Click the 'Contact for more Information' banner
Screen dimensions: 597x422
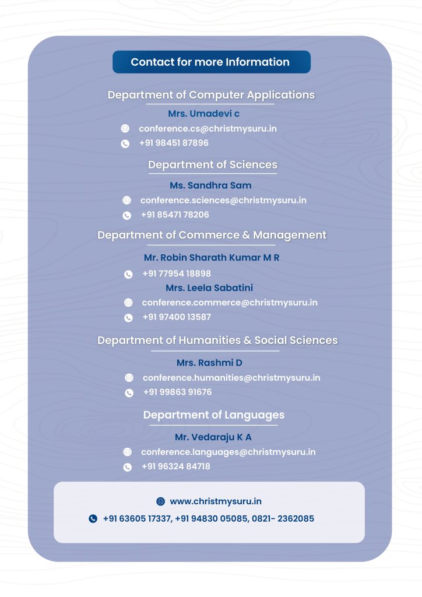pos(210,62)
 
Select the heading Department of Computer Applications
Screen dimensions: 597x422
pos(211,95)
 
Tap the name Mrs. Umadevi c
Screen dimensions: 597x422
pos(203,114)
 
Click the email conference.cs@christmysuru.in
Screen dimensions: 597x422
pos(208,128)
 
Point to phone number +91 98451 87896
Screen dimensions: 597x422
pos(174,143)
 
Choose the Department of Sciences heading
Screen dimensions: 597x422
pos(212,165)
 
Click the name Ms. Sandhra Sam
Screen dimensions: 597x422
pos(210,185)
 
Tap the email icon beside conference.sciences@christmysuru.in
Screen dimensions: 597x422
pos(126,200)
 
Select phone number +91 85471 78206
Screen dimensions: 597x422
pos(175,215)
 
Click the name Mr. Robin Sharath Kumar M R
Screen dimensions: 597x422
pos(212,257)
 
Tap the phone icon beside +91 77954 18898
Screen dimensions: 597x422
pos(128,274)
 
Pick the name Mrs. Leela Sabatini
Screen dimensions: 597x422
pos(209,288)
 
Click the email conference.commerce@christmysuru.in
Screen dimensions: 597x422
pos(230,303)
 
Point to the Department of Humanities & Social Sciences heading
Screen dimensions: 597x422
pos(217,340)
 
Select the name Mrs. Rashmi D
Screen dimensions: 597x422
pos(209,363)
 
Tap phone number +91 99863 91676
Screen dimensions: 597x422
pos(177,392)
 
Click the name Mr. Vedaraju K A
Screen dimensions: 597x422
pos(213,437)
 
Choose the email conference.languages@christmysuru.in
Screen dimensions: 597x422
pos(228,452)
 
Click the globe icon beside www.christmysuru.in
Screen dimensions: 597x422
pos(161,501)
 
